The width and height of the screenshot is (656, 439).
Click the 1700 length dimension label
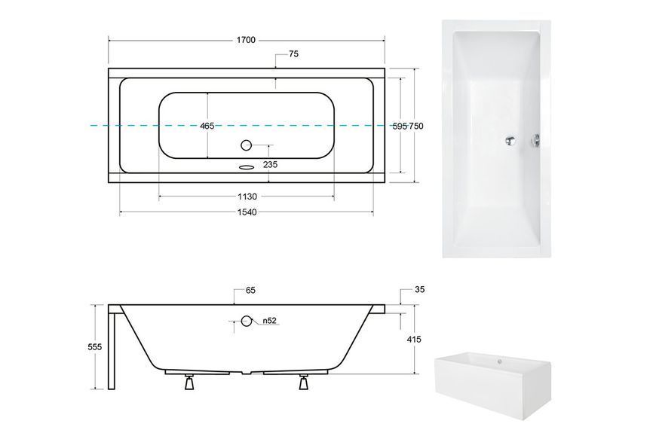pyautogui.click(x=246, y=40)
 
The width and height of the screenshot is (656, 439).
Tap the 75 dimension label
pyautogui.click(x=294, y=54)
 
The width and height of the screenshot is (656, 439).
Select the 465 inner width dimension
pyautogui.click(x=207, y=126)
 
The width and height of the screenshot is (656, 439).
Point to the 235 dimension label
pyautogui.click(x=270, y=165)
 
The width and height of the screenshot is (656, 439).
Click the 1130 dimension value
pyautogui.click(x=247, y=197)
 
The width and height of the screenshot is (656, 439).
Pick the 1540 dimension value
pyautogui.click(x=247, y=212)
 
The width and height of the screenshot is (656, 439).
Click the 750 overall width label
pyautogui.click(x=416, y=127)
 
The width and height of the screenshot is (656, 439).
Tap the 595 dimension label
pyautogui.click(x=400, y=127)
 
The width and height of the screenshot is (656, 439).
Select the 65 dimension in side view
pyautogui.click(x=250, y=291)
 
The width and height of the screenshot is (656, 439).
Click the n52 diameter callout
pyautogui.click(x=270, y=321)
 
